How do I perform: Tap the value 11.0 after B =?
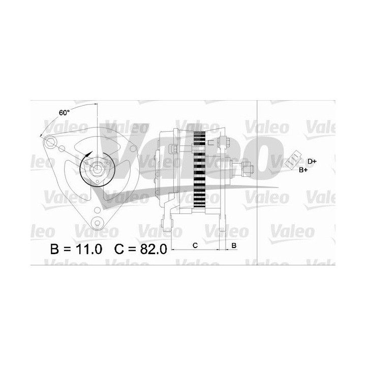pyautogui.click(x=89, y=250)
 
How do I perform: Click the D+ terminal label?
pyautogui.click(x=312, y=161)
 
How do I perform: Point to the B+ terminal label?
pyautogui.click(x=303, y=169)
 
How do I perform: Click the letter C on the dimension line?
pyautogui.click(x=195, y=246)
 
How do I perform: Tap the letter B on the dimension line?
pyautogui.click(x=233, y=246)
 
